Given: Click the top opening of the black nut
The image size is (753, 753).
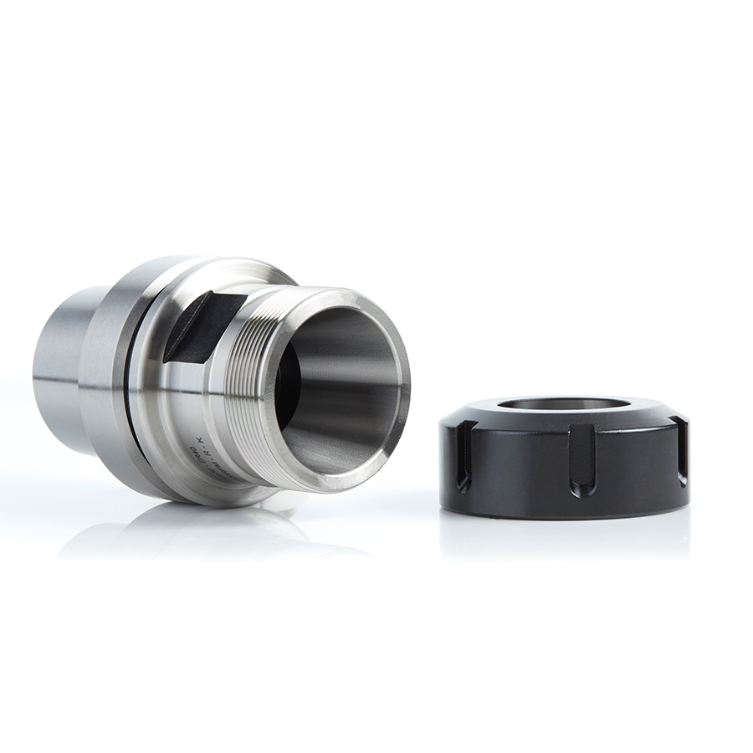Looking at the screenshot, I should (563, 404).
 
